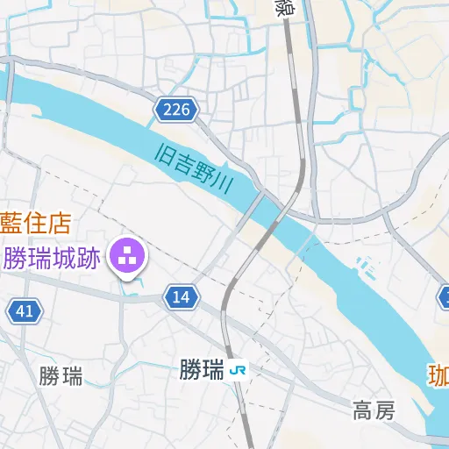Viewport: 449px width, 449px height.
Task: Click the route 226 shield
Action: (x=176, y=110)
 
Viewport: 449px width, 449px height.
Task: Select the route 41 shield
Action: (x=25, y=310)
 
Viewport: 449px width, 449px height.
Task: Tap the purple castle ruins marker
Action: (x=128, y=257)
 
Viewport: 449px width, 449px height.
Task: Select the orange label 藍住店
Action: (x=35, y=222)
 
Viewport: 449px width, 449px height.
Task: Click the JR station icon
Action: (x=238, y=370)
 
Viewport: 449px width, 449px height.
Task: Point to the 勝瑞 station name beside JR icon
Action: (x=202, y=370)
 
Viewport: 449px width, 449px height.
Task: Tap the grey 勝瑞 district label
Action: (x=61, y=377)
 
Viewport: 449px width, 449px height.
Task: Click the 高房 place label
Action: (x=374, y=409)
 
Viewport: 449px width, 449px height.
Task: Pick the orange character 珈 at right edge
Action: (x=438, y=375)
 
